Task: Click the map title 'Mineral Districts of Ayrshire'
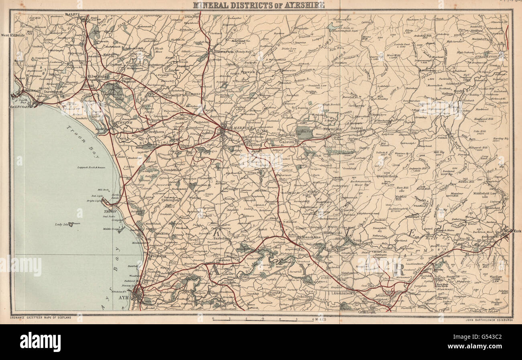(x=259, y=5)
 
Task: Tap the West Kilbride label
(x=12, y=35)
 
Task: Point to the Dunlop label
(x=192, y=16)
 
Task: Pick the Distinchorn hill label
(x=387, y=176)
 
